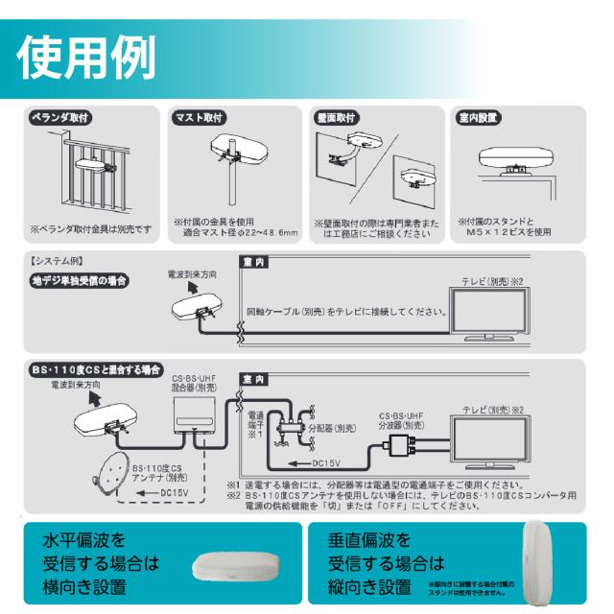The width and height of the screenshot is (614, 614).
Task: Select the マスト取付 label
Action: [199, 119]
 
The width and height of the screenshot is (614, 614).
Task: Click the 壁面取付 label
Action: [336, 119]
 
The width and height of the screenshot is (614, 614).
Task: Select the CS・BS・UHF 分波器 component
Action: [396, 444]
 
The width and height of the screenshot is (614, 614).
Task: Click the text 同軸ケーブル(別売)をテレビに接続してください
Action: [346, 312]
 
